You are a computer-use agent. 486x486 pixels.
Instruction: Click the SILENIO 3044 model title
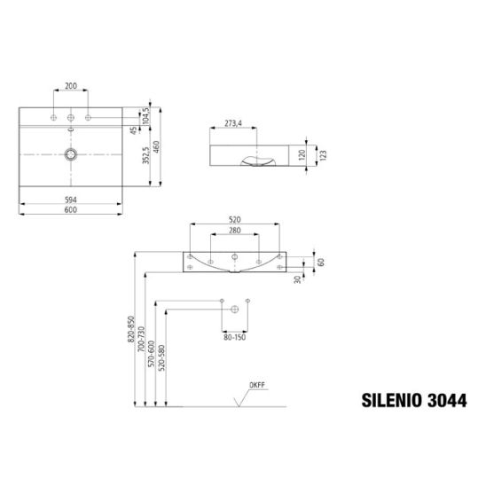[x=414, y=401]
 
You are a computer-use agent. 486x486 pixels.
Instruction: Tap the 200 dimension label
[x=71, y=86]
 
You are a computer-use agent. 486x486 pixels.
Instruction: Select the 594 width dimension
[x=71, y=200]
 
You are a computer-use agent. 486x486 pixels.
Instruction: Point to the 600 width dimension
[x=71, y=210]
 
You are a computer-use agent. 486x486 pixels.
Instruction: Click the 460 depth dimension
[x=156, y=147]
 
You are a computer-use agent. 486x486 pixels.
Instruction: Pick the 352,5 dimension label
[x=146, y=155]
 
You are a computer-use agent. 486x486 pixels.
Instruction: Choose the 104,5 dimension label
[x=146, y=115]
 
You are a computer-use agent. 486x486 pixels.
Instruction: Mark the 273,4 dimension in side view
[x=233, y=123]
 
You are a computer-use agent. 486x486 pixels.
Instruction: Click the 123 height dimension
[x=323, y=155]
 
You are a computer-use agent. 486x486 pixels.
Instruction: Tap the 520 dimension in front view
[x=235, y=220]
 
